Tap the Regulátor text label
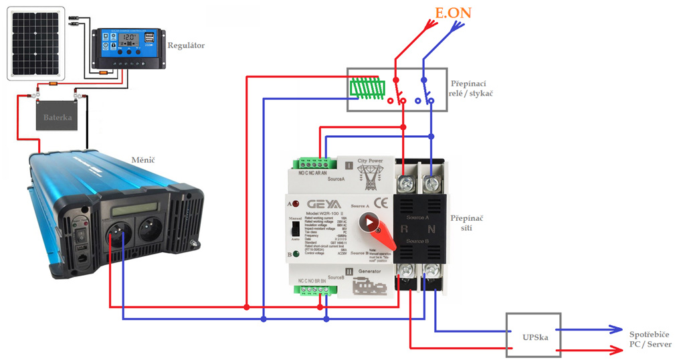187,46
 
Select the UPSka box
533,337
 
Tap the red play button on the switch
369,223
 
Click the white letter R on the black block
404,228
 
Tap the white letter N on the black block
432,228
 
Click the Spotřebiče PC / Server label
649,339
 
